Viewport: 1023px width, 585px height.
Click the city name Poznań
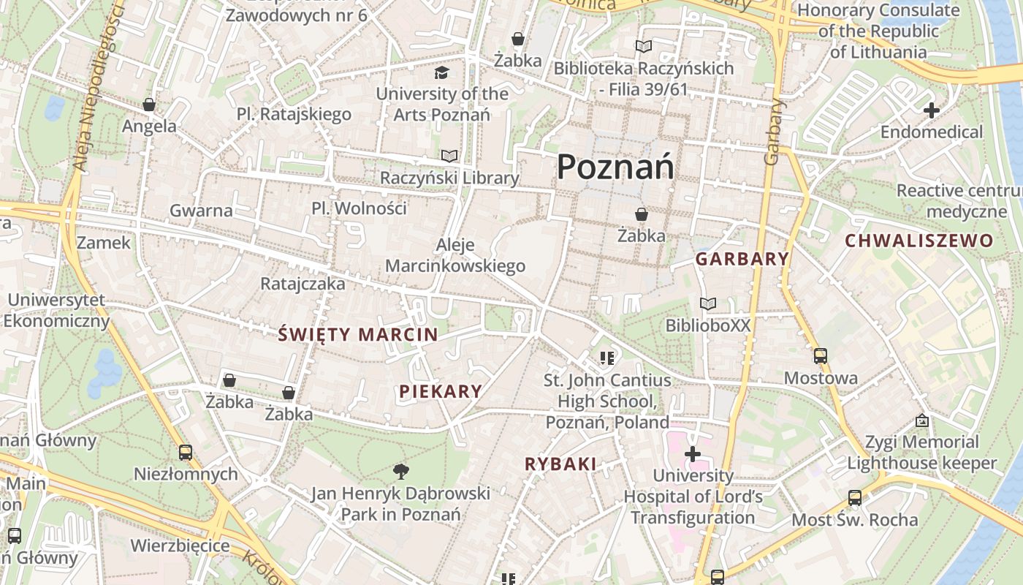(x=615, y=167)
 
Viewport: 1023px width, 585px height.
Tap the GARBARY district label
(x=742, y=259)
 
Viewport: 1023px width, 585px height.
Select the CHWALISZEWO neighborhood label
(x=919, y=241)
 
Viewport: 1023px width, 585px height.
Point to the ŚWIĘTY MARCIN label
(x=358, y=335)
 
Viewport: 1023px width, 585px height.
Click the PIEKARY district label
(x=441, y=391)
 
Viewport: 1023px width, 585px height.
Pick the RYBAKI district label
(x=560, y=464)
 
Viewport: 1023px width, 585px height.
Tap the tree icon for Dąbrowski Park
(x=400, y=471)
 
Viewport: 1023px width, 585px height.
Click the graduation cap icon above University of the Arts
(x=441, y=72)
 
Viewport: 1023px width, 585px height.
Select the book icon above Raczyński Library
(x=449, y=156)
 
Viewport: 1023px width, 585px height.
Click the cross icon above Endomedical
(x=931, y=111)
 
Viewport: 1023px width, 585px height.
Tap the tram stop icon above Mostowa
(x=821, y=356)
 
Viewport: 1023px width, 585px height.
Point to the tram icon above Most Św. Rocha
(x=855, y=498)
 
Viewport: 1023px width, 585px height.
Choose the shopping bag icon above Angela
(x=149, y=105)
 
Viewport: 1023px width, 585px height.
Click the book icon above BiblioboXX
(x=707, y=303)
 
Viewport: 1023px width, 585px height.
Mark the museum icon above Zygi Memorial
(x=922, y=420)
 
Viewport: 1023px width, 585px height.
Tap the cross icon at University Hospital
(x=692, y=454)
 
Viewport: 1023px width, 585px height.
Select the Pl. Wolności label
(x=359, y=208)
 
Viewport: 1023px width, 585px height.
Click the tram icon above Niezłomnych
(x=186, y=453)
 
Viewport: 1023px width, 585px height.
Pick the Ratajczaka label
(x=303, y=284)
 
